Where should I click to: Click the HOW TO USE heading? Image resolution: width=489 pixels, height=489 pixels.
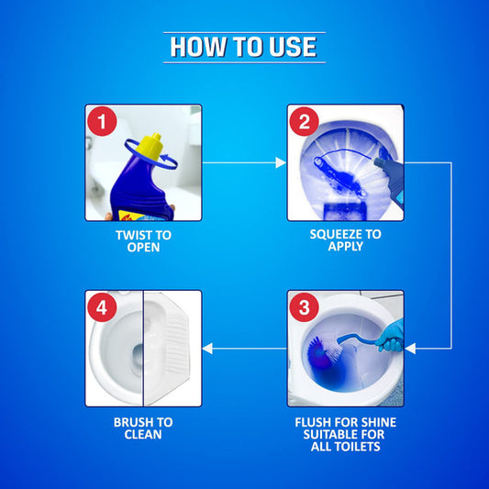click(x=244, y=48)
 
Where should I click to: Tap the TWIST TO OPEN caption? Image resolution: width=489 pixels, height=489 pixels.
click(x=143, y=241)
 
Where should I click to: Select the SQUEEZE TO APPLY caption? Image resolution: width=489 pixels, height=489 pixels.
click(x=346, y=241)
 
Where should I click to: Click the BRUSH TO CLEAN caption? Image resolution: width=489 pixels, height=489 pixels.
click(x=143, y=428)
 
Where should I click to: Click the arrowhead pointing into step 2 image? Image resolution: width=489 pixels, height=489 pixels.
click(x=282, y=163)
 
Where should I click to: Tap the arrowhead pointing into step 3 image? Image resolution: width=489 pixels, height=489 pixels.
click(x=410, y=349)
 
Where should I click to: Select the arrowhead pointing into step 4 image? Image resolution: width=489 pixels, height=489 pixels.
click(x=207, y=349)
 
